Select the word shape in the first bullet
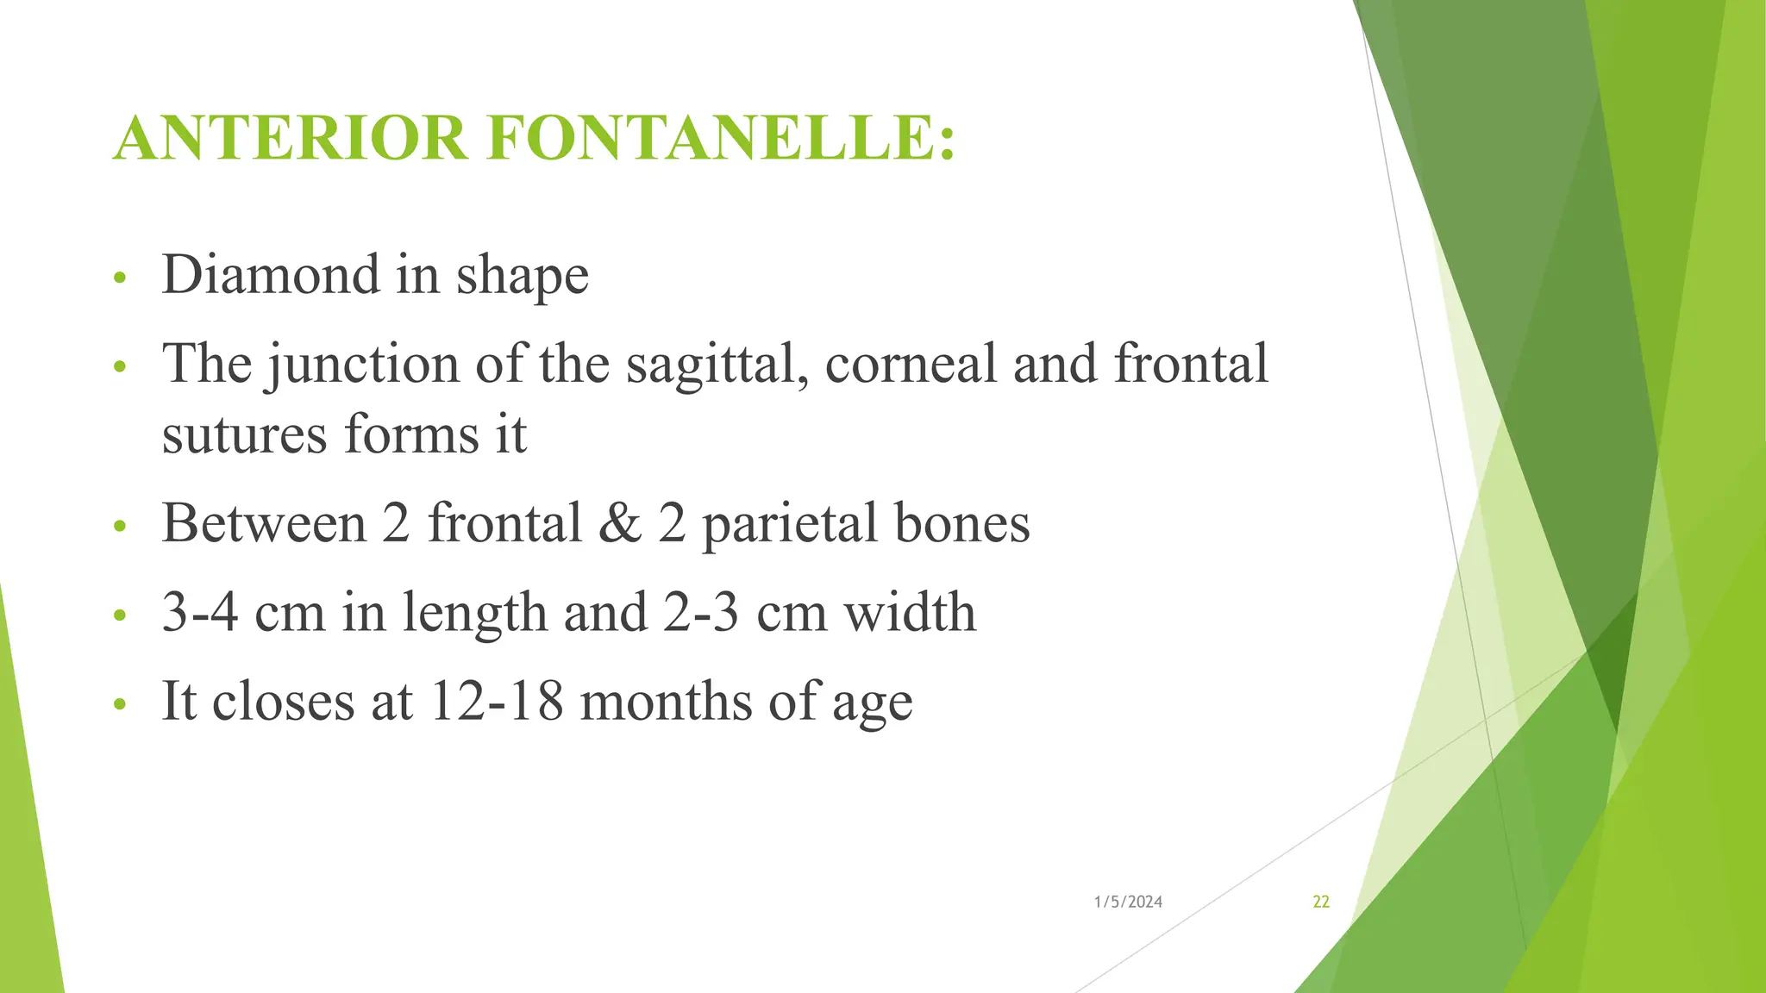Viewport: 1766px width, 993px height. click(x=523, y=277)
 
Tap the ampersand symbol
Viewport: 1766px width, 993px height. click(x=620, y=523)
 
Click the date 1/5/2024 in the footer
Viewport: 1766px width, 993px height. click(x=1128, y=902)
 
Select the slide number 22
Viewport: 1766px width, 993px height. click(x=1321, y=902)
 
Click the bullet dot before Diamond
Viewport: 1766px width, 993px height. click(x=120, y=278)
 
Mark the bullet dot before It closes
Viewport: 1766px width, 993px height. click(x=120, y=704)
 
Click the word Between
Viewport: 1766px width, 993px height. click(x=263, y=523)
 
